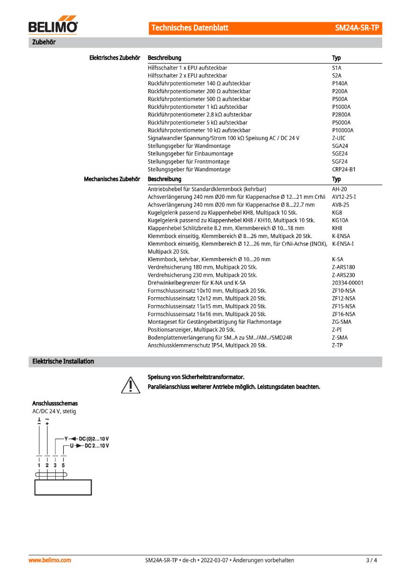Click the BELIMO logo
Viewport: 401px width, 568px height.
point(53,27)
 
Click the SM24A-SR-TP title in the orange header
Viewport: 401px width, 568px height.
point(357,28)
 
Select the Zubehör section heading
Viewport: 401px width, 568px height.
point(44,43)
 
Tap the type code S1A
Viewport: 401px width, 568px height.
point(337,68)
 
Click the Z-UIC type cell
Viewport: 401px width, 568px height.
point(339,138)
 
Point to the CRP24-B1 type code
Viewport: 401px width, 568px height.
point(344,169)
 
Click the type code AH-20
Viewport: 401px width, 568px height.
point(340,189)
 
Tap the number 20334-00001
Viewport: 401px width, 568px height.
point(348,283)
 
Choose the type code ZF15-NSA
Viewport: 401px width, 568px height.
point(344,306)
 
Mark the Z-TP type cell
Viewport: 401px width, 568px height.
point(337,346)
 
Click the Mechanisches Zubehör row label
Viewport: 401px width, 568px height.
point(112,179)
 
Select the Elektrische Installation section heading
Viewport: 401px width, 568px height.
point(63,362)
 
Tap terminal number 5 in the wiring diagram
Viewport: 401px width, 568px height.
point(63,465)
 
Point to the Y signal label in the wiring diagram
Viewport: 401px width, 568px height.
point(66,439)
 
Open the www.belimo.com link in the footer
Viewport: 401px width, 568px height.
point(50,560)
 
